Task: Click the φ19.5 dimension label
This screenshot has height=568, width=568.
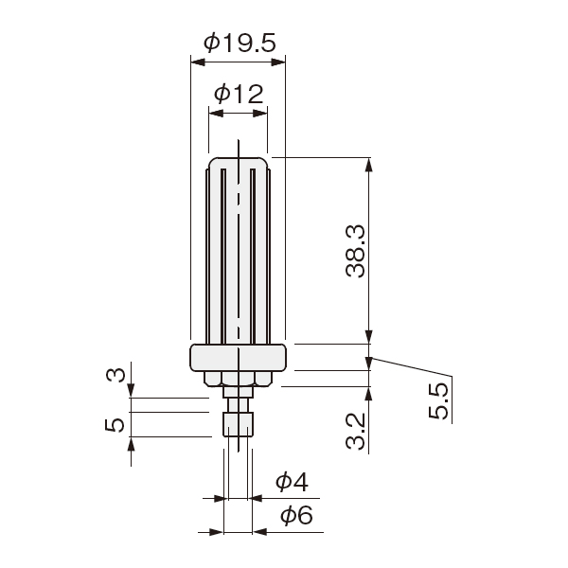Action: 240,43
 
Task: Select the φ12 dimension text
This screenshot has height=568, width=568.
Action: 239,94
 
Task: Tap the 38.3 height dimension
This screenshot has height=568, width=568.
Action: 355,251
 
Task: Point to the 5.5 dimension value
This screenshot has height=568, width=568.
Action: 438,401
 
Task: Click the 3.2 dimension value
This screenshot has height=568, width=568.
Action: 355,432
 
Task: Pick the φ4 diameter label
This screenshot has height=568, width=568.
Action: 292,482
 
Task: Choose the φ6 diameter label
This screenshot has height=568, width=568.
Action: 296,515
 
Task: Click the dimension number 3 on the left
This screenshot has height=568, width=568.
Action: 115,375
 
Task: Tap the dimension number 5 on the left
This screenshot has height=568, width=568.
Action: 115,424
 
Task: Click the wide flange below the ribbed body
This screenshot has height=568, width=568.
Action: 238,358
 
